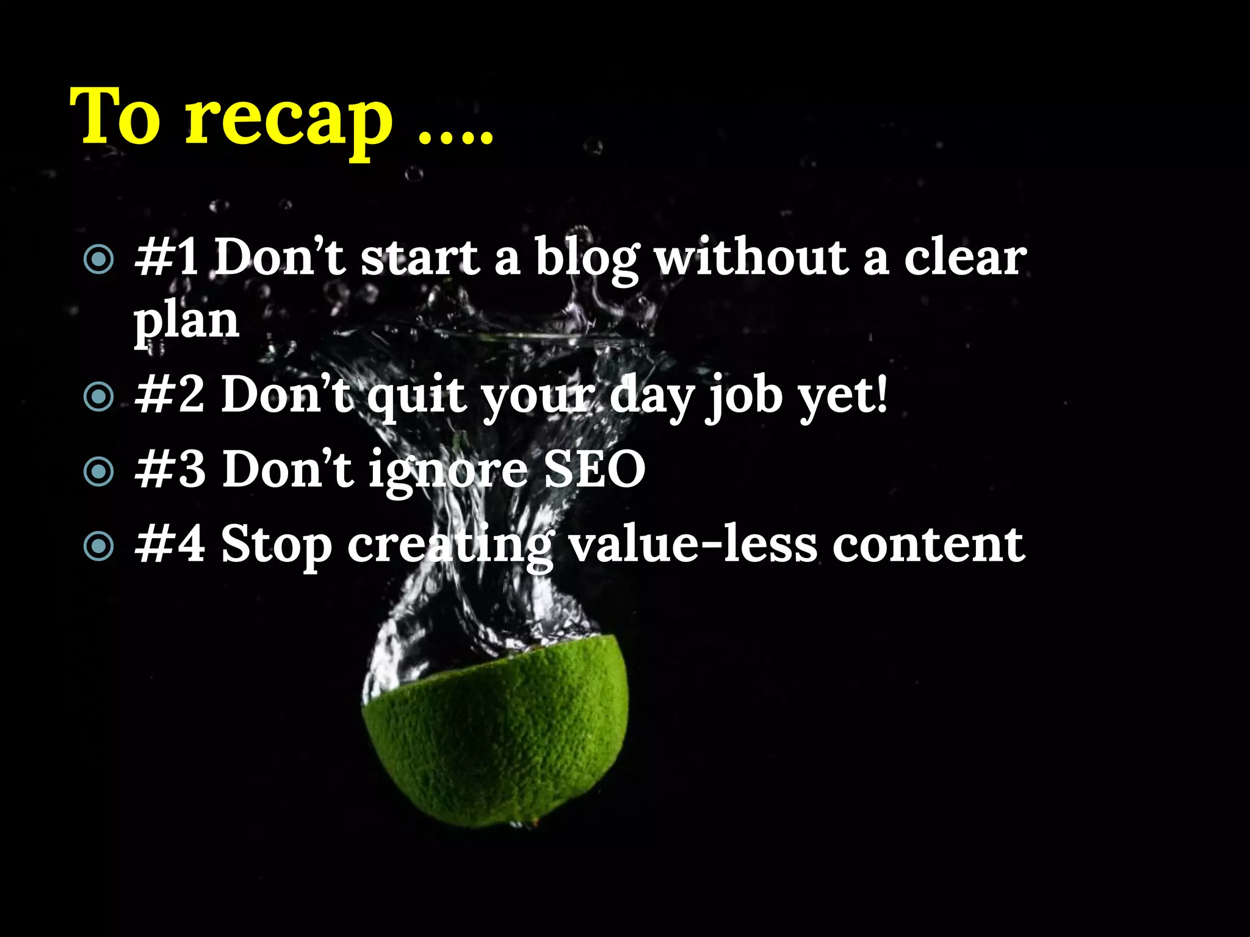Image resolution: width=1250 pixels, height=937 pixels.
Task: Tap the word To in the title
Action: pos(116,116)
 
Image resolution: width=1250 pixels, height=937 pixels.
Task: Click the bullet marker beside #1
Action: pos(98,259)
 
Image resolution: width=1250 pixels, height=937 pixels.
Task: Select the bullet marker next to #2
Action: pos(98,397)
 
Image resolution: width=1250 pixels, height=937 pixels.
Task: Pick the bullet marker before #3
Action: pos(98,472)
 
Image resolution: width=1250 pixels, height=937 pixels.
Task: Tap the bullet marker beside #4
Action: pos(98,546)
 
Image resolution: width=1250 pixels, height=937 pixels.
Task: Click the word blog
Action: pos(587,259)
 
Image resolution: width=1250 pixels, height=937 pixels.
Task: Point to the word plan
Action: pos(186,321)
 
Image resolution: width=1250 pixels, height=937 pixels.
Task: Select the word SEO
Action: pos(594,470)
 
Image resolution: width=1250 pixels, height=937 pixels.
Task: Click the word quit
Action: pos(417,397)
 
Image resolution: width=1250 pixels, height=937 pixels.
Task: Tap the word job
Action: pos(744,397)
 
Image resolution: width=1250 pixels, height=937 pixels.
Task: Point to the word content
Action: pos(928,545)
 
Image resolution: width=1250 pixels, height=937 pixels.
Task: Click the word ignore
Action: pos(448,472)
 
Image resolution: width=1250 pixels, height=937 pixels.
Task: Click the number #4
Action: pos(170,545)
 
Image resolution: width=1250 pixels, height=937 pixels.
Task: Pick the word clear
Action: pos(965,259)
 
